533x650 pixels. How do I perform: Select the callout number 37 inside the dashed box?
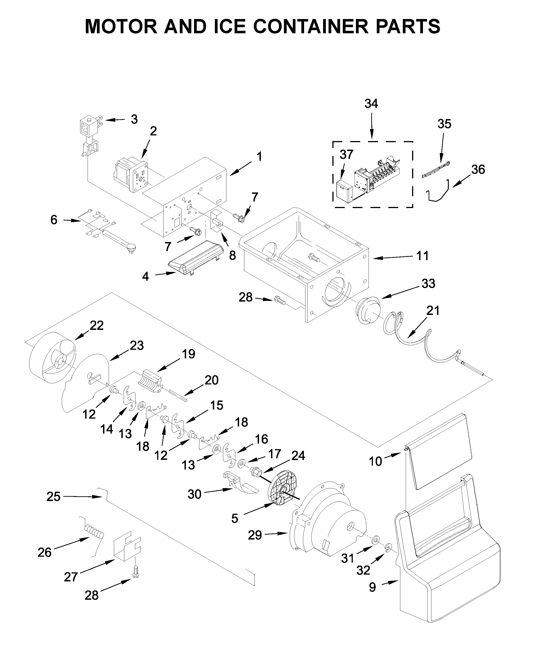[346, 154]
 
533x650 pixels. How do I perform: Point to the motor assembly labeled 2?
[130, 175]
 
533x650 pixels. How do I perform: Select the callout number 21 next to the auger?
[433, 311]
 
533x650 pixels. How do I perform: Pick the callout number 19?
[189, 354]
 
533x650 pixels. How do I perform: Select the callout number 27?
[71, 577]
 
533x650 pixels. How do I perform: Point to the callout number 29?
[255, 535]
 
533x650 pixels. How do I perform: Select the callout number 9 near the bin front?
[372, 587]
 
